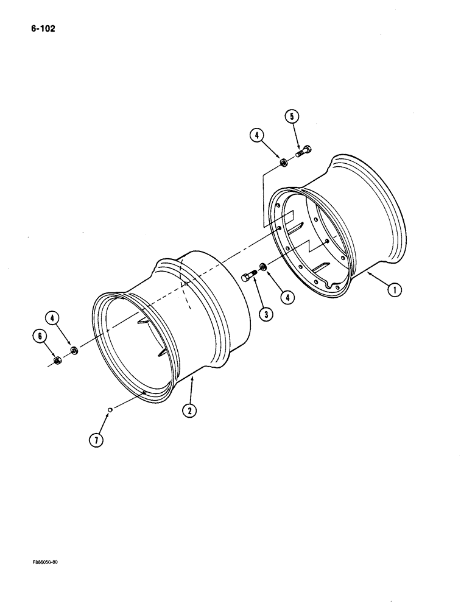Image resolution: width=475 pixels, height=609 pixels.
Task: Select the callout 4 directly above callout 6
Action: coord(52,318)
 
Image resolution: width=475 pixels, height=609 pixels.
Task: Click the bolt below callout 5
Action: coord(304,150)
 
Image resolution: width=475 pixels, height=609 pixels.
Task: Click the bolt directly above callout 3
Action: coord(248,278)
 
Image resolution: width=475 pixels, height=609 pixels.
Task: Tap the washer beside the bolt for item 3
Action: coord(262,266)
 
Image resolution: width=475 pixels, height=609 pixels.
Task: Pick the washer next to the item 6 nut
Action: coord(74,350)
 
